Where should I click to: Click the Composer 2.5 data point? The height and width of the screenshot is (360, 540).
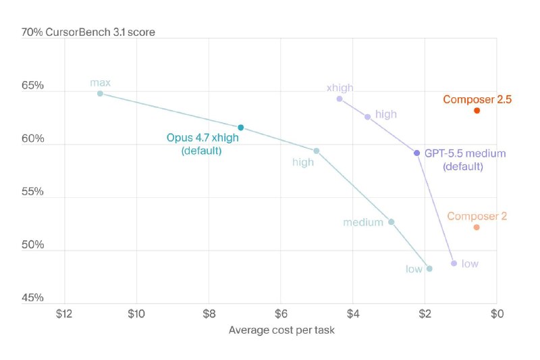(x=477, y=111)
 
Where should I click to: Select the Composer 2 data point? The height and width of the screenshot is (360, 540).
(x=477, y=228)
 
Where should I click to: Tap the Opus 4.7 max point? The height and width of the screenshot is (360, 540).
(x=100, y=93)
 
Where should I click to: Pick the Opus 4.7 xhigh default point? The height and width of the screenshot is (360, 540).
(x=241, y=128)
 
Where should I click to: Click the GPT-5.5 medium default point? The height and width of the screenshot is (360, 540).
(x=416, y=153)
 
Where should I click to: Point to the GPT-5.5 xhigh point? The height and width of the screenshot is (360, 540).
(x=340, y=99)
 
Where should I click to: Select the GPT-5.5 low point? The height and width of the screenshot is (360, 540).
(x=454, y=263)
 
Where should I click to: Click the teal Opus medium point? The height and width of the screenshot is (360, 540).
(x=391, y=222)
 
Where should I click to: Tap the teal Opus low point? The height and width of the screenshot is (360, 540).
(x=429, y=269)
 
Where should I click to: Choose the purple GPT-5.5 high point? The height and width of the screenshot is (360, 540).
(x=367, y=117)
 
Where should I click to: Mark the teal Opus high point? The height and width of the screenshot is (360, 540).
(x=317, y=151)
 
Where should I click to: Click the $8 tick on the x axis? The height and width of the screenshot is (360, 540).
(x=209, y=314)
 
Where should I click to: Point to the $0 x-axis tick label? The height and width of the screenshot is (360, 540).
(x=497, y=314)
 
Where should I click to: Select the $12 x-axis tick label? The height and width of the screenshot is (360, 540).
(x=64, y=314)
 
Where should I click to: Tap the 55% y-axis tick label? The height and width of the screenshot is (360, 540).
(x=32, y=192)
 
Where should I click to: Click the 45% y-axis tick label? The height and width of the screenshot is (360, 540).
(x=32, y=298)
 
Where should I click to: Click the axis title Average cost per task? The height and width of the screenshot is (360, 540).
(x=281, y=330)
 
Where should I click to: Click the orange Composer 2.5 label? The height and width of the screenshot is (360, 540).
(x=477, y=99)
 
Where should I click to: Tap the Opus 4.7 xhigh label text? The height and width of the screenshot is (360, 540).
(x=202, y=138)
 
